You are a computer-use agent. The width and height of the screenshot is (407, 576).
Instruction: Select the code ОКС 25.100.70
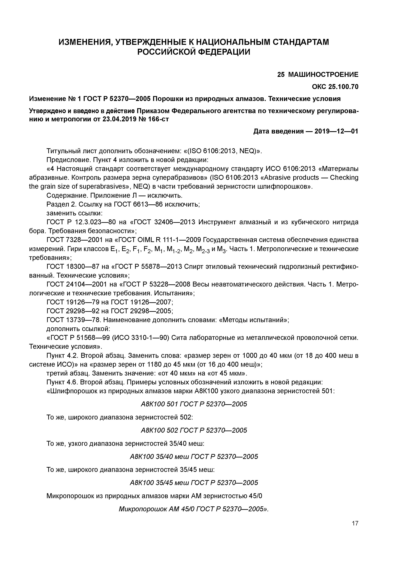[335, 87]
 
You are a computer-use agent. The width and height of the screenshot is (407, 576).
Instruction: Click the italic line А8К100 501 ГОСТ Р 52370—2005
[194, 404]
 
